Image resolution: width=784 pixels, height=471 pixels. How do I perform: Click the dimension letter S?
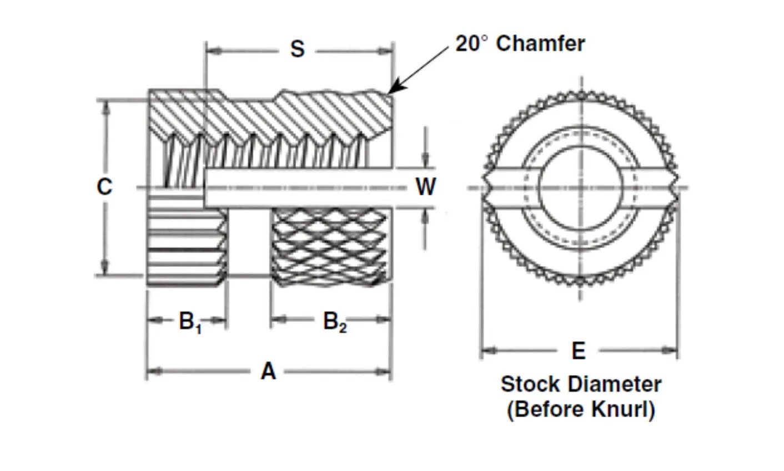coord(298,49)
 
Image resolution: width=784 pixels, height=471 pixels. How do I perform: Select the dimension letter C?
coord(104,187)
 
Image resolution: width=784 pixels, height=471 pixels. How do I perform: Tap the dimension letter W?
coord(426,187)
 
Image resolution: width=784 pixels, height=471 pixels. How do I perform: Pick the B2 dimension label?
coord(335,322)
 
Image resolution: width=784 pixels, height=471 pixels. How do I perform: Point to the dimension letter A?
coord(268,371)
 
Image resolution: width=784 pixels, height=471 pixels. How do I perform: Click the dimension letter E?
coord(579,351)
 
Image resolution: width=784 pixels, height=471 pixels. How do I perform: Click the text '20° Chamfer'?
coord(520,44)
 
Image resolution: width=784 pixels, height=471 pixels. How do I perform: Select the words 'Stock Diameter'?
coord(581,384)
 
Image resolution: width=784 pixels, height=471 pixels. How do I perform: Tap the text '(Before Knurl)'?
coord(581,409)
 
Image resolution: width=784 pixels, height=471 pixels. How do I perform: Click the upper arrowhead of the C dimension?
coord(105,105)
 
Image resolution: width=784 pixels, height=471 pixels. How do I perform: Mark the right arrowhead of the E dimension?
coord(672,351)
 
